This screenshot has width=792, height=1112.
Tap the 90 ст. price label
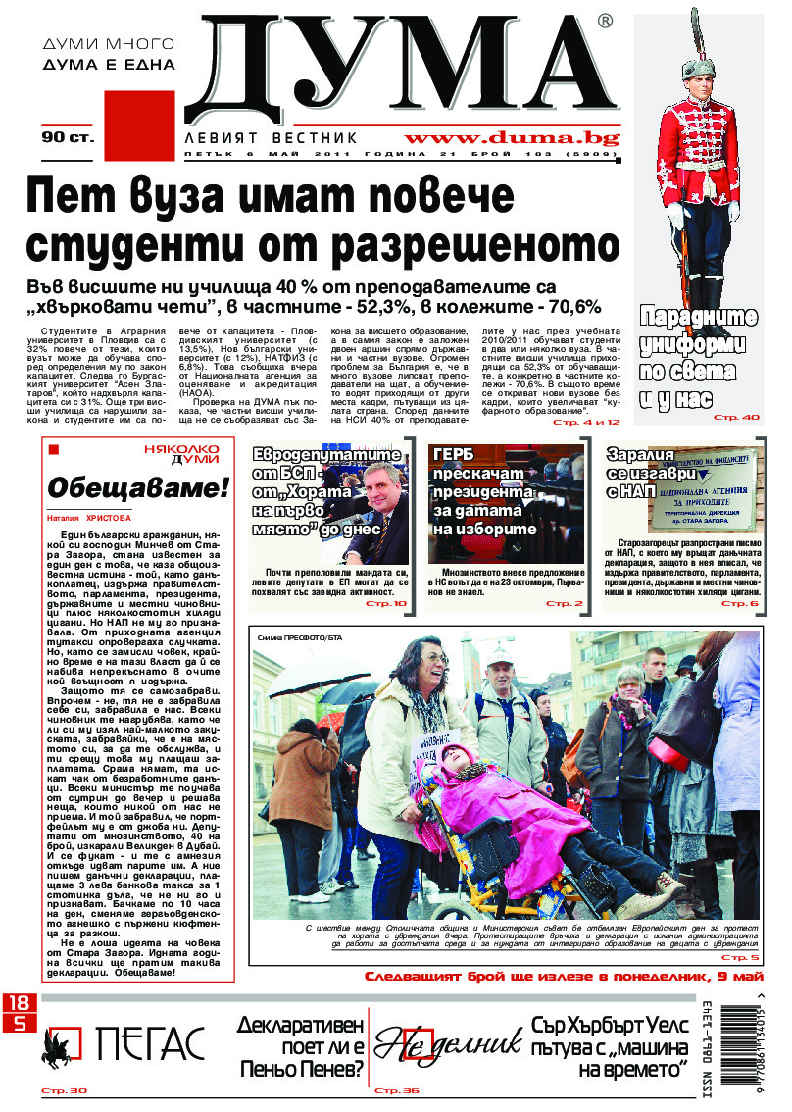[x=68, y=138]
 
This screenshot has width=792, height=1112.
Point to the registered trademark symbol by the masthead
[x=605, y=21]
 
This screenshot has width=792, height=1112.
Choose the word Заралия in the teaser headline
[x=641, y=456]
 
